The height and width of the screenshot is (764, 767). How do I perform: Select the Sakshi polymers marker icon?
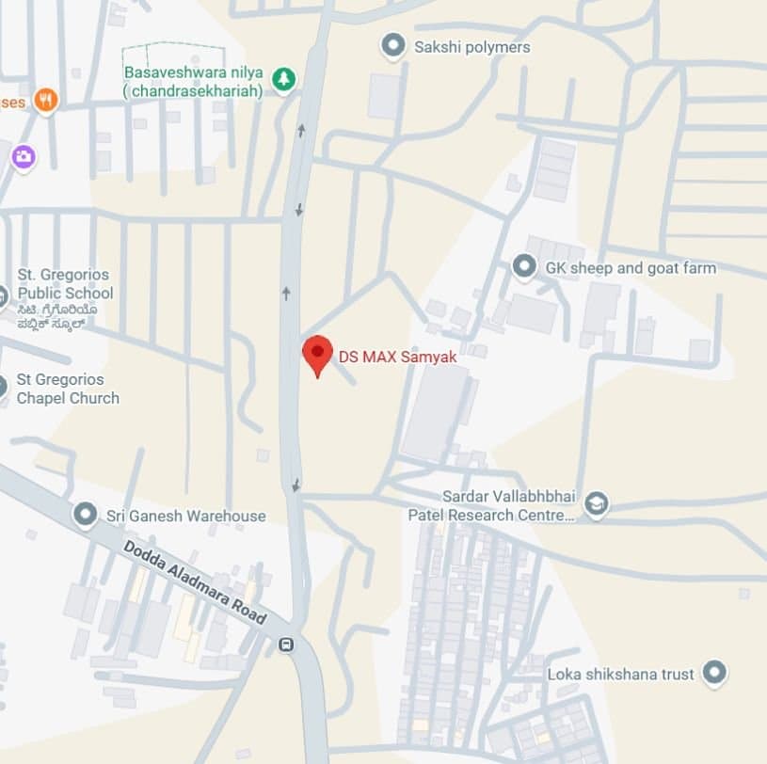pos(392,46)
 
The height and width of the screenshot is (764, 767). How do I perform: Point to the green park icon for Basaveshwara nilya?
pos(282,80)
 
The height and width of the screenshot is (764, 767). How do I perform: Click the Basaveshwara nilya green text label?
pos(191,82)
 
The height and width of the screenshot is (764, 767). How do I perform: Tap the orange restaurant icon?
pos(45,100)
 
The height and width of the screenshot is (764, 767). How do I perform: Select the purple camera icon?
pos(24,156)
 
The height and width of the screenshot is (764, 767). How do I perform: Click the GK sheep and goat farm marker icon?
pos(524,268)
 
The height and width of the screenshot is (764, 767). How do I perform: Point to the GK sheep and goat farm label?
pos(631,268)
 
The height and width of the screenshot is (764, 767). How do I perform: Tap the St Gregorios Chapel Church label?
pos(68,389)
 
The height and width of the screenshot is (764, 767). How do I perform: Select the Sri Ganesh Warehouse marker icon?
pos(86,515)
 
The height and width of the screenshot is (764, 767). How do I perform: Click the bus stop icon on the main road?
pos(285,645)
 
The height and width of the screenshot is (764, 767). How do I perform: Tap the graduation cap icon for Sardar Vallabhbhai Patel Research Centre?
pos(596,505)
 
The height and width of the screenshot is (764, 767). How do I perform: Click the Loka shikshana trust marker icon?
pos(714,673)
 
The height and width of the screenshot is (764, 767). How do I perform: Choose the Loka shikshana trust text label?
pos(620,674)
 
